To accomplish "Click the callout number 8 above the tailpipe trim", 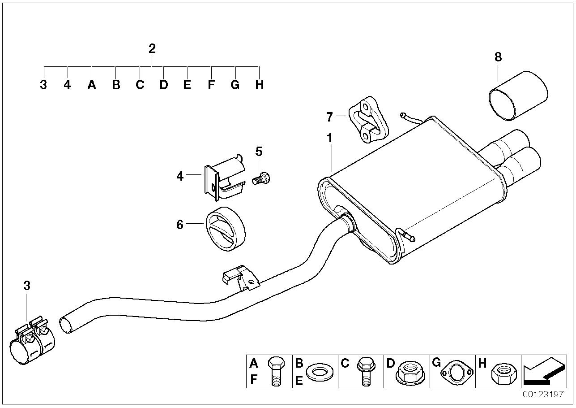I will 498,57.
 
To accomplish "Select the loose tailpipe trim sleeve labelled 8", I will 518,95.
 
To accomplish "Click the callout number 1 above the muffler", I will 329,138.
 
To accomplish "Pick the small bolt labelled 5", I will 263,178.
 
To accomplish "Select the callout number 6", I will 180,224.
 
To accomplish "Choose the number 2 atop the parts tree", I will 152,48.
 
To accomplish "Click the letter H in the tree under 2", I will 259,85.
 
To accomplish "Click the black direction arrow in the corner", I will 541,372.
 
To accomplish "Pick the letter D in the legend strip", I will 390,363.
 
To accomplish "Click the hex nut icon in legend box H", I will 504,372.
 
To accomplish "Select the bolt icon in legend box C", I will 364,370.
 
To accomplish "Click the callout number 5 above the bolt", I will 259,151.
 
